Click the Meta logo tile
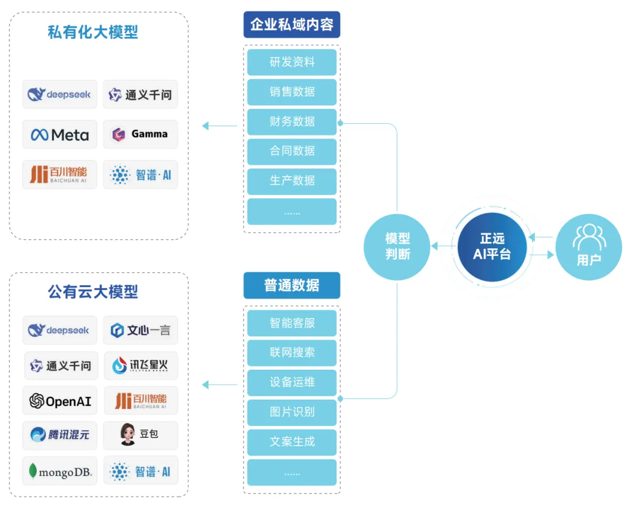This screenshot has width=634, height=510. (x=59, y=134)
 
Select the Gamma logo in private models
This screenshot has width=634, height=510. (x=140, y=134)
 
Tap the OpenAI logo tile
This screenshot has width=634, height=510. (x=59, y=401)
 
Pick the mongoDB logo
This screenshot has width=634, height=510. (x=59, y=471)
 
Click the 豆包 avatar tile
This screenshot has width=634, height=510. (x=140, y=435)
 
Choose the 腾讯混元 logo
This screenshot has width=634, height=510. (x=59, y=435)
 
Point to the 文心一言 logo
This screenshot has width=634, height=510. (x=140, y=330)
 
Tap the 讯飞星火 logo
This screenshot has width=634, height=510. (x=140, y=366)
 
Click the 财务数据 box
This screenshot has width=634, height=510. (x=292, y=121)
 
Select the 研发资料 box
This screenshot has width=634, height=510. (x=292, y=62)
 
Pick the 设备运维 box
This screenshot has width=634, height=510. (x=292, y=382)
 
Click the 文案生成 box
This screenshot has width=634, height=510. (x=292, y=442)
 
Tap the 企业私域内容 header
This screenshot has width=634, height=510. (x=292, y=25)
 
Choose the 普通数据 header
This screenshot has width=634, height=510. (x=292, y=285)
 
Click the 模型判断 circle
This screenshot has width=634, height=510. (x=397, y=246)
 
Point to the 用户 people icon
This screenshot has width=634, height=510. (x=589, y=238)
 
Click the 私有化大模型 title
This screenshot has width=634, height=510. (x=93, y=32)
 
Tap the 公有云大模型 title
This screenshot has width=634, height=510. (x=93, y=292)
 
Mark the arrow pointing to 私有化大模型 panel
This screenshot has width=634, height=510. (x=219, y=125)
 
